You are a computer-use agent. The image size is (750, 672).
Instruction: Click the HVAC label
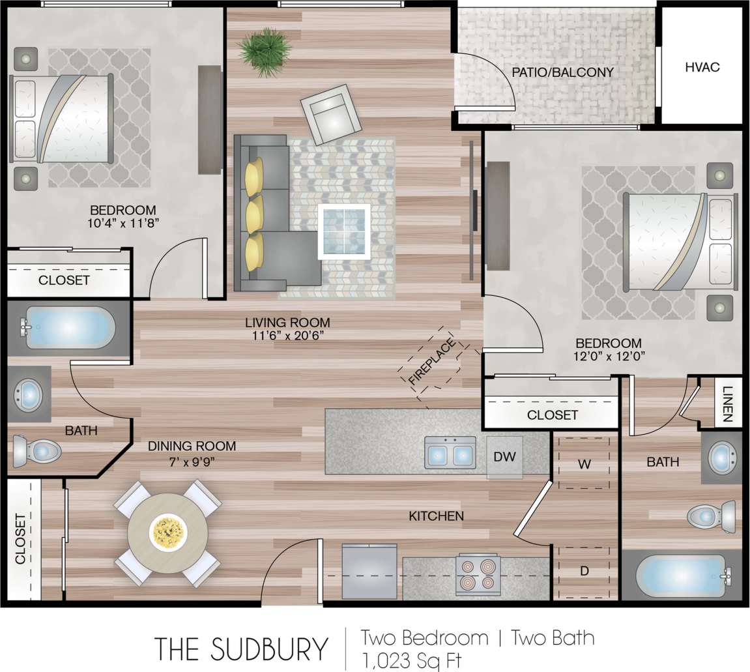702,66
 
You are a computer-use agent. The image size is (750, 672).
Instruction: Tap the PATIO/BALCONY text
562,72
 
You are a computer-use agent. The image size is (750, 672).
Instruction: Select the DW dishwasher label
504,457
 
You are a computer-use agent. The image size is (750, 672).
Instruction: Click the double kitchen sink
450,452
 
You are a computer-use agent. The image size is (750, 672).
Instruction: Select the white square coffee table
344,231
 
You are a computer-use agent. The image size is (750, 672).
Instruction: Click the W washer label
584,464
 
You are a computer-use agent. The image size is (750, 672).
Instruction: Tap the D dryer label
584,572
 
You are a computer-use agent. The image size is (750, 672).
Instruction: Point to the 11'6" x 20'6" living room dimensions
287,336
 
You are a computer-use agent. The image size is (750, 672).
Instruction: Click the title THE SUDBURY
241,649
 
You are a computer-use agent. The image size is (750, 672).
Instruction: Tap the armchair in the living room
331,115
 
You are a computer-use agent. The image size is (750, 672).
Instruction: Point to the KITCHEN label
436,516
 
